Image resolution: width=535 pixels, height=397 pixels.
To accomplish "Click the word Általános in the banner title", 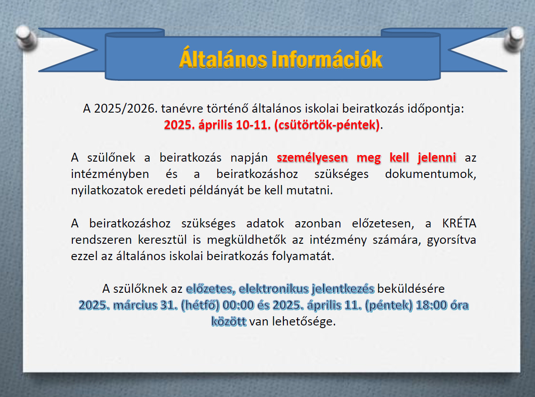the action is click(x=223, y=57).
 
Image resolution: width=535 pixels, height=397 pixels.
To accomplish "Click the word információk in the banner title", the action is click(x=328, y=59).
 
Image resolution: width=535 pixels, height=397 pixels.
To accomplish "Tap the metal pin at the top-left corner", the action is click(x=26, y=37).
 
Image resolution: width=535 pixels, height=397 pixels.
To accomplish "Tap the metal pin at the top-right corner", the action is click(x=514, y=38).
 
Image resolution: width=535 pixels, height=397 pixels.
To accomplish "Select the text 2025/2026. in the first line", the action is click(x=126, y=109).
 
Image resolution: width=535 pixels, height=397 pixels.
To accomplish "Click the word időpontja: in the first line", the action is click(x=436, y=109).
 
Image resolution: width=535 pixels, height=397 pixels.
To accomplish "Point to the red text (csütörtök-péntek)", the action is click(x=327, y=125).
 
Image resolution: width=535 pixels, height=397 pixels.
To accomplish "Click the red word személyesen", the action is click(x=312, y=158).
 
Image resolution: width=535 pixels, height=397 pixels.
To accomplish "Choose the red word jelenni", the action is click(x=437, y=158).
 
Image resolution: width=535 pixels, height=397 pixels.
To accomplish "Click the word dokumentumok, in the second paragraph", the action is click(x=430, y=174).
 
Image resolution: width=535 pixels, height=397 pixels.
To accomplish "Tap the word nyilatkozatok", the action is click(x=107, y=190).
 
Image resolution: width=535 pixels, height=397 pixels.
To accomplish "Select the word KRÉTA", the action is click(x=459, y=223).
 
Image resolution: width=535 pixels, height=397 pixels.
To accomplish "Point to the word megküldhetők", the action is click(x=246, y=240).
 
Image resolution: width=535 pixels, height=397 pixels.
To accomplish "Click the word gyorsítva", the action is click(x=452, y=240).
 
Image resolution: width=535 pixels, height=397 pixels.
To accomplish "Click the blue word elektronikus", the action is click(x=274, y=289).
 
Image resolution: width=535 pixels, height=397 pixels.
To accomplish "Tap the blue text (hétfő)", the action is click(x=200, y=306).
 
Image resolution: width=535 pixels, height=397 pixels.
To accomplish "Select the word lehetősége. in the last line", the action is click(x=304, y=321).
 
